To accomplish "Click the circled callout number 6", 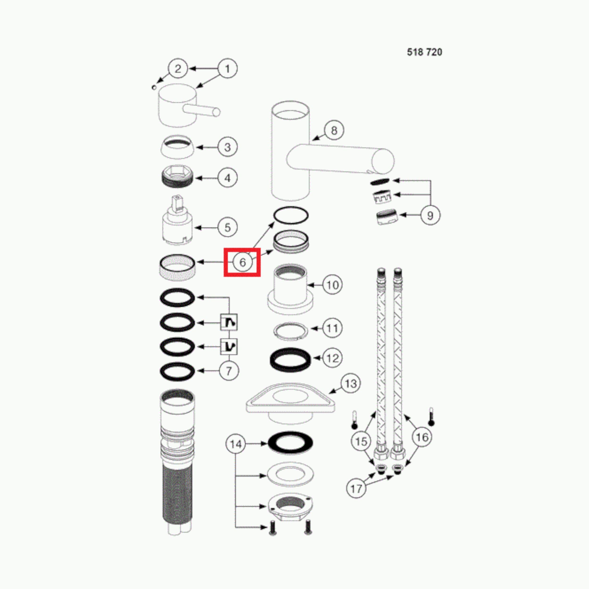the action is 242,262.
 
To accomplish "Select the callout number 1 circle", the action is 227,69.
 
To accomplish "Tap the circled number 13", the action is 351,384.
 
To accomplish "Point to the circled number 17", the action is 356,489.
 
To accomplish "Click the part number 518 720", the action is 424,52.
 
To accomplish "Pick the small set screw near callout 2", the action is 154,87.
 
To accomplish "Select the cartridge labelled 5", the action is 177,220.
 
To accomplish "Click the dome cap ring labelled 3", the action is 177,147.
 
